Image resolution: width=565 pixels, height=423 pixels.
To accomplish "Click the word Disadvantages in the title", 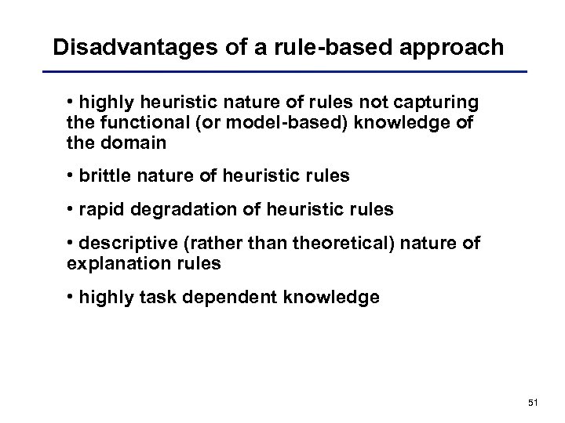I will (129, 47).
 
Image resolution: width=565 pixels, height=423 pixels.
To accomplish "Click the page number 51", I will (533, 403).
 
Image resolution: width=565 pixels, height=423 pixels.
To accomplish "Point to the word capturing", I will (439, 103).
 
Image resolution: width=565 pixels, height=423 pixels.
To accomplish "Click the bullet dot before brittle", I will (71, 175).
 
